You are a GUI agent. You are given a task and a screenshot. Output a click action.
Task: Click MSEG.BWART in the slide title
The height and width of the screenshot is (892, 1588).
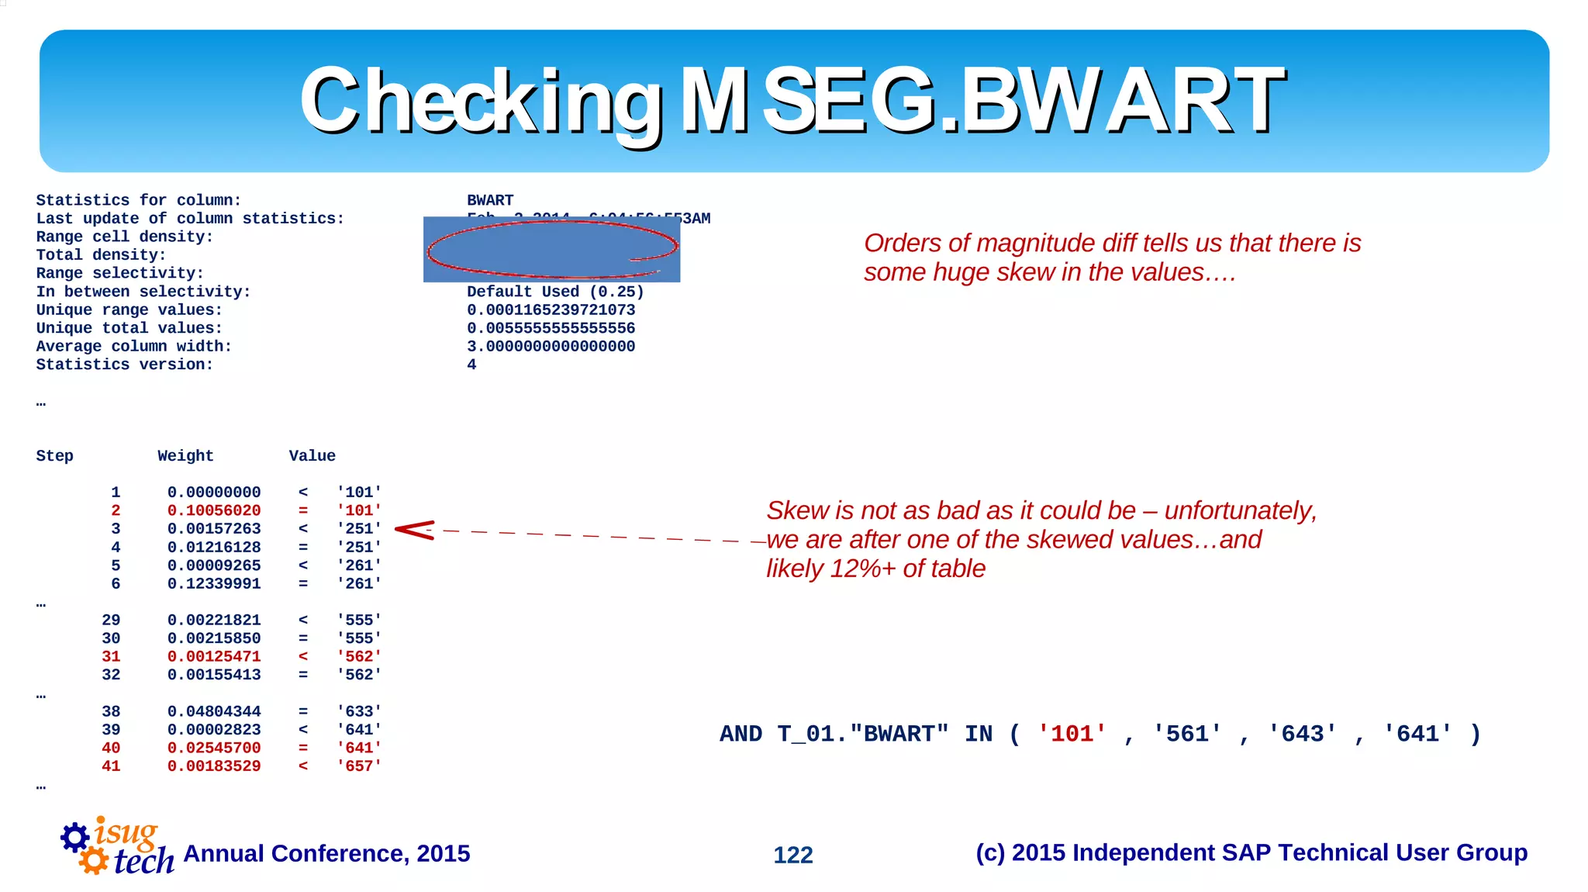click(x=982, y=101)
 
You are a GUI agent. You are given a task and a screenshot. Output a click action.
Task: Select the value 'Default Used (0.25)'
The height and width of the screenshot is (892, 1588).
click(x=555, y=292)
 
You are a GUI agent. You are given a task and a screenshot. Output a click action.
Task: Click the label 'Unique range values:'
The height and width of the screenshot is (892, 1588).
click(x=129, y=310)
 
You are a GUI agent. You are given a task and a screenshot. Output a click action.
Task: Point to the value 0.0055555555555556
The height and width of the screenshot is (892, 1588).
click(x=551, y=328)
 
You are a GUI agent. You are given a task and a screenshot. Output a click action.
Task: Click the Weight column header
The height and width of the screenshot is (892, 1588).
click(x=185, y=456)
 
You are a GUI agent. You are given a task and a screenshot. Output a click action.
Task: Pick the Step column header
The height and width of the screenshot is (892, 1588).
click(x=54, y=456)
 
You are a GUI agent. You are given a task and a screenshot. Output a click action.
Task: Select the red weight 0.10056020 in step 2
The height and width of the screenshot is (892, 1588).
click(x=214, y=510)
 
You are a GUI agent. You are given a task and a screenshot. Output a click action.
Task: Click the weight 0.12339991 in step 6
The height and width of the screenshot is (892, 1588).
click(x=214, y=583)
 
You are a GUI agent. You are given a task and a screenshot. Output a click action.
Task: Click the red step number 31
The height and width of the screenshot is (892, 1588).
click(x=111, y=656)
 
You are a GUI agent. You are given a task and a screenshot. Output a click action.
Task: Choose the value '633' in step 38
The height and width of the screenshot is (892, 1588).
click(x=359, y=711)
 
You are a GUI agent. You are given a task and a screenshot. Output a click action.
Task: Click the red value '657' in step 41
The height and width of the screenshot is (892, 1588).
click(x=359, y=766)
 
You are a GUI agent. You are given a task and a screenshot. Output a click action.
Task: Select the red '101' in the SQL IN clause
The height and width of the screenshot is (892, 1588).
click(x=1072, y=734)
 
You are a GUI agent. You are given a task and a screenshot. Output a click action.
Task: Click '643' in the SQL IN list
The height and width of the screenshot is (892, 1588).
click(x=1302, y=734)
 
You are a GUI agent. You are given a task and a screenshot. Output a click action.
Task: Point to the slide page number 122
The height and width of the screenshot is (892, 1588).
click(x=792, y=855)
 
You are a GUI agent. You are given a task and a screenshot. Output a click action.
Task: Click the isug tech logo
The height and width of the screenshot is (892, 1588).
click(x=116, y=847)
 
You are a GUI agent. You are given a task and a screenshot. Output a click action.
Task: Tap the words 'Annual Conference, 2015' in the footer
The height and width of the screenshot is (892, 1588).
click(x=326, y=853)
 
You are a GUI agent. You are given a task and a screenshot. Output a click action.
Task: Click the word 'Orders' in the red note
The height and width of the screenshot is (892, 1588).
click(x=902, y=244)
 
